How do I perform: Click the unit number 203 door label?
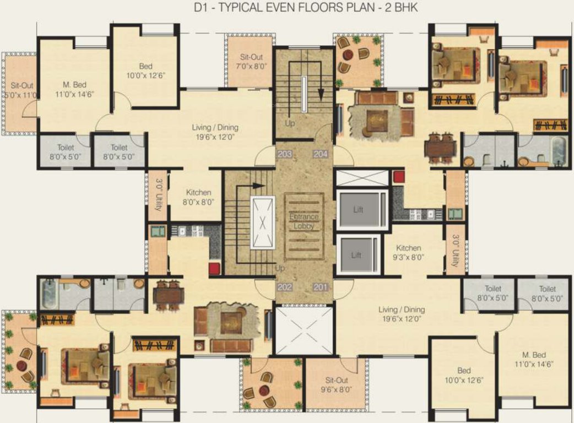[x=284, y=154]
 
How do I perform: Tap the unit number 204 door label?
[x=321, y=154]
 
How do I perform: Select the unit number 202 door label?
[x=284, y=287]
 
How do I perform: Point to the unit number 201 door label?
[x=321, y=287]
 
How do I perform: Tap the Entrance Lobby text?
[x=304, y=221]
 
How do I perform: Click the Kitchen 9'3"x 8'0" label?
[x=408, y=252]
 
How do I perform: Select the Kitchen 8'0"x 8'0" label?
[x=198, y=197]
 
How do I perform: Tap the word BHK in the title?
[x=407, y=8]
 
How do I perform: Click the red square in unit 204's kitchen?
[x=398, y=177]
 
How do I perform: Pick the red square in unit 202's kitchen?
[x=214, y=269]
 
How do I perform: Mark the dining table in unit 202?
[x=167, y=295]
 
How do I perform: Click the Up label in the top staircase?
[x=290, y=123]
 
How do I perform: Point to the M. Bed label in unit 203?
[x=73, y=89]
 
